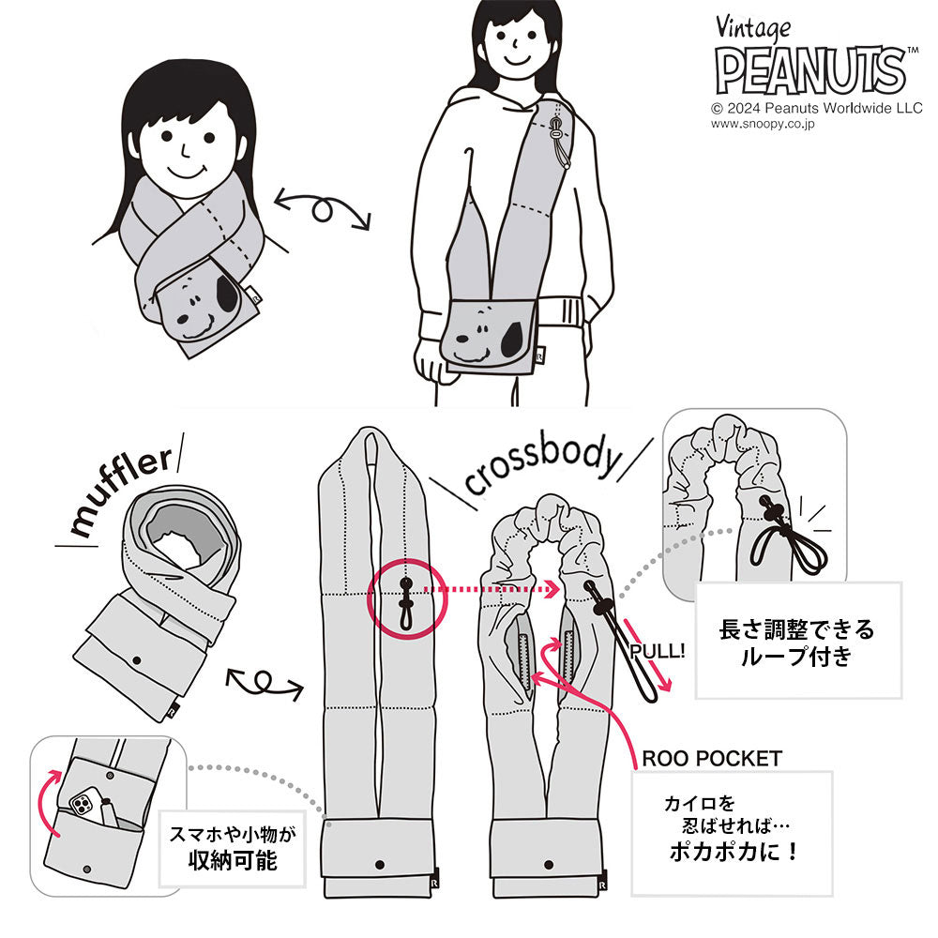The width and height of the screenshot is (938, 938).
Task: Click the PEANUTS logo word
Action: (810, 70)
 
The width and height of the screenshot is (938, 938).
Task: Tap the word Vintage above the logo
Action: (753, 29)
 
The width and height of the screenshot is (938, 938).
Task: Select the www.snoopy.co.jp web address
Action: (762, 124)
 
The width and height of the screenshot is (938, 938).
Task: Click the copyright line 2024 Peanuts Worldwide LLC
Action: (817, 108)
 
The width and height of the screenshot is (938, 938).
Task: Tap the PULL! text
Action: (658, 651)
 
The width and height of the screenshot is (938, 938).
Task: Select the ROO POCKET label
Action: (712, 759)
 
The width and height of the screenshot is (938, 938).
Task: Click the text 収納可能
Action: (233, 861)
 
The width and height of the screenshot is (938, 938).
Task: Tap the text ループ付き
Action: (796, 657)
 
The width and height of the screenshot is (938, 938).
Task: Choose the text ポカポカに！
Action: (734, 852)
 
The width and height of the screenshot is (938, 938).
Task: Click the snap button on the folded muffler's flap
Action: (137, 660)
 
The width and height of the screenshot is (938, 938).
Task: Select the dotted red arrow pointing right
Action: (492, 589)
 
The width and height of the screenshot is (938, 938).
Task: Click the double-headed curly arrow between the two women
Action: (323, 209)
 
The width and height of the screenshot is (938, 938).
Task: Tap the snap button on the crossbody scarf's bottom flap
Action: (549, 865)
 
